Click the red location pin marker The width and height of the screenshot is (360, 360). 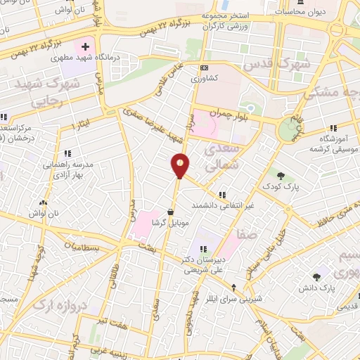pos(179,165)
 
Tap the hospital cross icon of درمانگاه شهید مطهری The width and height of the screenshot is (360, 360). pos(86,47)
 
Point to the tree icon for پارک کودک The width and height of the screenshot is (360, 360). pos(281,176)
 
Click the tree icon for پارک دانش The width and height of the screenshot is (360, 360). pos(316,277)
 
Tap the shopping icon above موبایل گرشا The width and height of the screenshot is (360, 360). pos(171,211)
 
